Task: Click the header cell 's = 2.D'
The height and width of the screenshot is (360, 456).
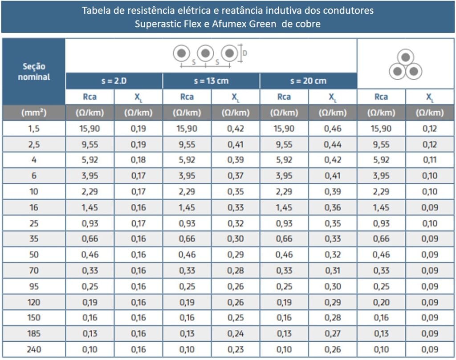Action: click(114, 81)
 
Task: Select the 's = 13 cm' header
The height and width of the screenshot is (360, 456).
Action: click(211, 81)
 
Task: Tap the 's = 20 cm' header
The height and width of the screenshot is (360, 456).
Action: click(308, 81)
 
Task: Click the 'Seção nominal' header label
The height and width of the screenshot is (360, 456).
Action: click(34, 72)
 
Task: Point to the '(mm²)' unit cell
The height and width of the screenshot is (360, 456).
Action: click(34, 113)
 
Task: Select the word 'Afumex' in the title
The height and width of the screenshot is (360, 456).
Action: click(232, 24)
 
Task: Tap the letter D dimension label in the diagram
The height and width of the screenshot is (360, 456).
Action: click(245, 53)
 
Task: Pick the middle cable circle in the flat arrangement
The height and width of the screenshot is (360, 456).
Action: click(205, 53)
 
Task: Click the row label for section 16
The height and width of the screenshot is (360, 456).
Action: click(34, 207)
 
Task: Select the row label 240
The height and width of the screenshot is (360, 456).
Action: click(34, 349)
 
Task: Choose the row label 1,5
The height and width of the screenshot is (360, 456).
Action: click(34, 129)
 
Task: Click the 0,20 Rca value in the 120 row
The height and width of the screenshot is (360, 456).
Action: click(381, 302)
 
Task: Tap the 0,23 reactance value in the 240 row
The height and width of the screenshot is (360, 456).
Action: click(236, 349)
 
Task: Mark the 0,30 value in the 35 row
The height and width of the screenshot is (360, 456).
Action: click(236, 239)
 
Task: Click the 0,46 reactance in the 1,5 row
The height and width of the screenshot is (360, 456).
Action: click(332, 129)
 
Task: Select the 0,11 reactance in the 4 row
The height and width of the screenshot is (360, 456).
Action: click(430, 160)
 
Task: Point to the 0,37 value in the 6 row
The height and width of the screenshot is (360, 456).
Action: click(236, 176)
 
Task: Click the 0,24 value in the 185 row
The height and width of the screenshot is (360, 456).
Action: click(236, 334)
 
